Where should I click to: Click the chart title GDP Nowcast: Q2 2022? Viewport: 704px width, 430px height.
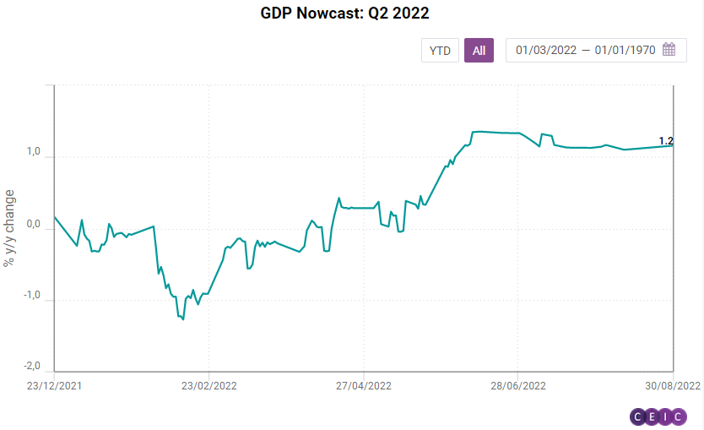(351, 14)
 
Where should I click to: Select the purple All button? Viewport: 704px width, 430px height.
(479, 51)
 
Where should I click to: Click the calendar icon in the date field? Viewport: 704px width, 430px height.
(669, 50)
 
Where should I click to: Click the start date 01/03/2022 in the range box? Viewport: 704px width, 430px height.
(546, 51)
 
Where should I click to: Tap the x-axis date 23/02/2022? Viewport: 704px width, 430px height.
(208, 384)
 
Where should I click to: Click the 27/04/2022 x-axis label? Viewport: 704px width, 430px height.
(363, 384)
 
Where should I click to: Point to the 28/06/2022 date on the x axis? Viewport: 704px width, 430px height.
(517, 384)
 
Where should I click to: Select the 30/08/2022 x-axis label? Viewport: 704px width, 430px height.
(672, 384)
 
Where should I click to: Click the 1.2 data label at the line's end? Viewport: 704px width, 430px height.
(665, 141)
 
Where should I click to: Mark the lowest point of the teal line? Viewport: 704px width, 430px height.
(183, 319)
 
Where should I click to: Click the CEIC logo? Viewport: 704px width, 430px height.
(658, 416)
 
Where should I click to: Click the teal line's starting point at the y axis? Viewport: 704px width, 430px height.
(55, 217)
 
